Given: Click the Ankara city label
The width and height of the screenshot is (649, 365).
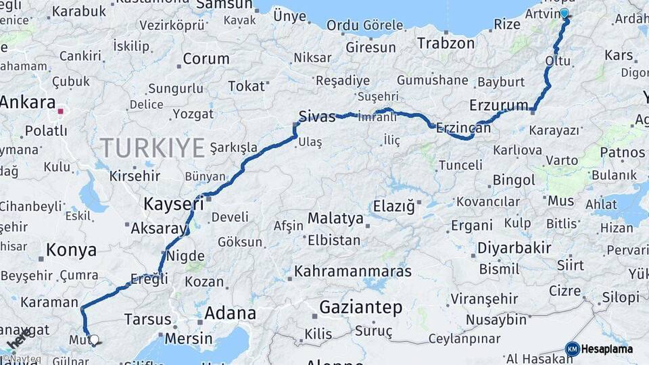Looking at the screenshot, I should point(27,103).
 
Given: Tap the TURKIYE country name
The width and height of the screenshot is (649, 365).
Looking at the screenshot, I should point(152,147).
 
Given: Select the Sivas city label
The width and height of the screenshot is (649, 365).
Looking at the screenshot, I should point(317,116).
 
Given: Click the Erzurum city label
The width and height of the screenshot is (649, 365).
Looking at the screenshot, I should point(498,105).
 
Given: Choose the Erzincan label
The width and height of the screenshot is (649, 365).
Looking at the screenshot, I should point(463,127).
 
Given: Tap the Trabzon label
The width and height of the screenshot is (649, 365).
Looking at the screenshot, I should point(446,43).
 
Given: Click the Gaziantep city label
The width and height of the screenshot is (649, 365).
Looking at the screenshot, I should point(360,308).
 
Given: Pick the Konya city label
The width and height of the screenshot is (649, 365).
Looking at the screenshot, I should point(71,250).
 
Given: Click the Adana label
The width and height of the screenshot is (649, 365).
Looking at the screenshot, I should point(230,313).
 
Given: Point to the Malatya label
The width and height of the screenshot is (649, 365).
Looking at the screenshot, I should point(335,219).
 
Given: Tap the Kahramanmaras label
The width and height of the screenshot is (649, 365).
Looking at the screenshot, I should point(353,272).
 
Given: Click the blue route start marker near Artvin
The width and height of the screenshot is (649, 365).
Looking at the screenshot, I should point(564,13).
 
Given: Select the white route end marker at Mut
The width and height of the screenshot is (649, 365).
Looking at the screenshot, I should point(94,340).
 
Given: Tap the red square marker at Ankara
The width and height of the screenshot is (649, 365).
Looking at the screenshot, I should point(61,112).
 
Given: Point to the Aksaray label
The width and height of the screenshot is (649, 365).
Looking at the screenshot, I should point(158,228).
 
